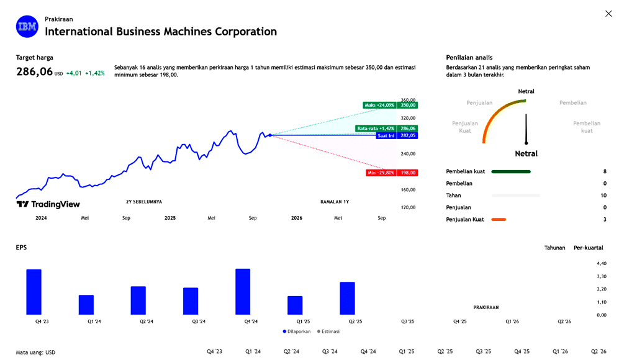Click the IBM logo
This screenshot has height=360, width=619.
27,26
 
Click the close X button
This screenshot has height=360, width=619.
608,14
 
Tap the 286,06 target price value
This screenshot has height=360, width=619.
35,72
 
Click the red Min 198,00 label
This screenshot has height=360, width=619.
391,173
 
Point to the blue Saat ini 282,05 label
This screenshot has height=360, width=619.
397,135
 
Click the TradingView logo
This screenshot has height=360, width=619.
48,204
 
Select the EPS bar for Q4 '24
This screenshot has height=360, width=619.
243,292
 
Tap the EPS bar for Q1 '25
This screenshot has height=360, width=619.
295,305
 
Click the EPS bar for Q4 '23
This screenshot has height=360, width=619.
34,292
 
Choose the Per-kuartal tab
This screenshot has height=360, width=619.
588,248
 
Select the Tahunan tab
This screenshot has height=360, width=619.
554,248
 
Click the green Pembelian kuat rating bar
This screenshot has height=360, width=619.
511,171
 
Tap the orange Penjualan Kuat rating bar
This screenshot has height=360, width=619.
499,219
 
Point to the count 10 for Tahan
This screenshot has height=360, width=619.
603,196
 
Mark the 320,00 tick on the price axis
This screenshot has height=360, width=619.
408,118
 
